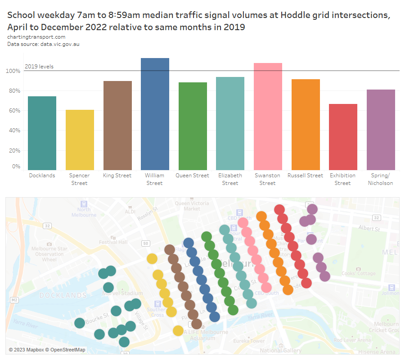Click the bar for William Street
[x=155, y=113]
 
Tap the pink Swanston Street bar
[x=268, y=116]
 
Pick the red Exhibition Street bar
[x=343, y=136]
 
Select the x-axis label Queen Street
[x=192, y=175]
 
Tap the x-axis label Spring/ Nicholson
[x=380, y=179]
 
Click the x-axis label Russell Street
[x=305, y=175]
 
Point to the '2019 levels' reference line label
[x=39, y=67]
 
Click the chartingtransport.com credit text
[x=36, y=37]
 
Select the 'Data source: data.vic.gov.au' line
[x=43, y=44]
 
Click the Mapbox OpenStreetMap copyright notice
[x=47, y=350]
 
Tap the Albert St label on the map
[x=369, y=229]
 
